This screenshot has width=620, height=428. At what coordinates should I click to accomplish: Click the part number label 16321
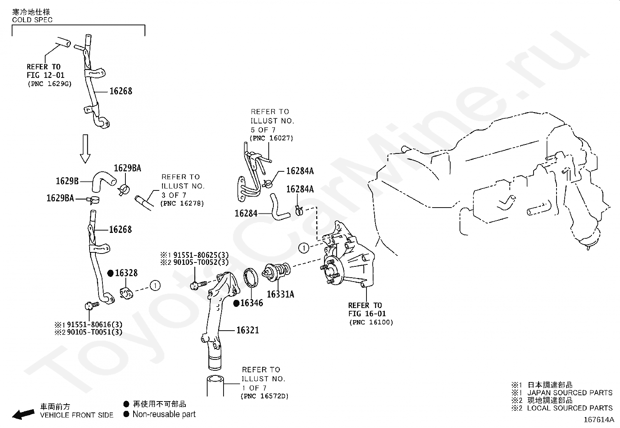click(x=248, y=330)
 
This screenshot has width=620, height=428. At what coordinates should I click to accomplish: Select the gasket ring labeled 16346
click(x=251, y=278)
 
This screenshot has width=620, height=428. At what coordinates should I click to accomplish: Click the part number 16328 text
click(x=126, y=273)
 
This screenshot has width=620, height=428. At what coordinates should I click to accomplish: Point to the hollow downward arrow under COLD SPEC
click(x=85, y=149)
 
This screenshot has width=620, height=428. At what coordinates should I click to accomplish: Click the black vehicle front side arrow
click(x=23, y=414)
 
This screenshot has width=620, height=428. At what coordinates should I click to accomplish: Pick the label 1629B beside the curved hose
click(x=67, y=181)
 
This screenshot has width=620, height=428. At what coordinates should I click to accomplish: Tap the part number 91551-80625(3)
click(x=201, y=255)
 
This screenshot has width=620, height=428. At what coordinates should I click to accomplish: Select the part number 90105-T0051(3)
click(x=95, y=332)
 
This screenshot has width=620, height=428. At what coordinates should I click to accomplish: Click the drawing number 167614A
click(x=599, y=420)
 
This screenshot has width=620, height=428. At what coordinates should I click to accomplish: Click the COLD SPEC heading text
click(x=32, y=20)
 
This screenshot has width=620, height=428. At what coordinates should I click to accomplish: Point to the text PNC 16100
click(x=371, y=322)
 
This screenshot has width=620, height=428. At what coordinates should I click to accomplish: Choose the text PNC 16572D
click(x=264, y=396)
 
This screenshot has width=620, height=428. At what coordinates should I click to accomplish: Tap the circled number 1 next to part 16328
click(x=155, y=285)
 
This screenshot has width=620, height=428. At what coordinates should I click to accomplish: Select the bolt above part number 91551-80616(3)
click(x=92, y=306)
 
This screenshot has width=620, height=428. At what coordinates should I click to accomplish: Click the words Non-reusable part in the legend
click(x=164, y=414)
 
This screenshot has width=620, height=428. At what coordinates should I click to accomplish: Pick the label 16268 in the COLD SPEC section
click(x=121, y=91)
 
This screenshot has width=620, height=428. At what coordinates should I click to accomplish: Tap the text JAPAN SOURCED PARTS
click(x=570, y=393)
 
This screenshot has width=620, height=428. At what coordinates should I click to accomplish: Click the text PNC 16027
click(x=271, y=138)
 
